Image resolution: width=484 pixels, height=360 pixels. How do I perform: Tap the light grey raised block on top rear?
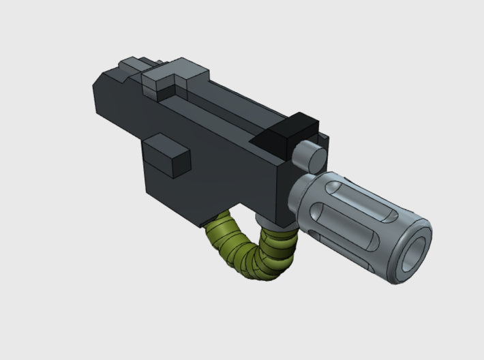[x=164, y=80]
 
